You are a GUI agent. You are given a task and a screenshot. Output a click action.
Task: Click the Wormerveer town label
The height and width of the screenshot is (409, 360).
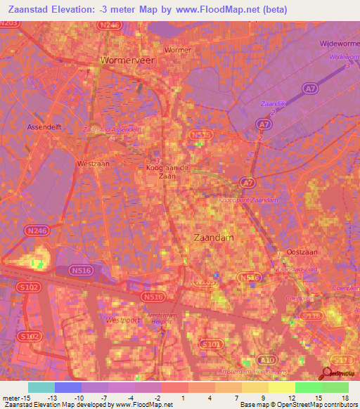127,60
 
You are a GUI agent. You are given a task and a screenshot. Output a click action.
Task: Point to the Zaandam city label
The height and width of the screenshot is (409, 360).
213,238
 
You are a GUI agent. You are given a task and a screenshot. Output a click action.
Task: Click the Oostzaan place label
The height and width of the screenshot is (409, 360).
304,252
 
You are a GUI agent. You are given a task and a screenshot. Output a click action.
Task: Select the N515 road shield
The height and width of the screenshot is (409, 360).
201,134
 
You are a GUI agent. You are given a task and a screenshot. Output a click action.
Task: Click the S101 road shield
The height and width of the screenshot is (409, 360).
210,344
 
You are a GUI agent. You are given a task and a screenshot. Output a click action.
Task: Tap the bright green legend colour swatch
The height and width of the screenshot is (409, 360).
308,387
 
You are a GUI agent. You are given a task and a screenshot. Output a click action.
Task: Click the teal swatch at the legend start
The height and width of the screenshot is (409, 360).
41,387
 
